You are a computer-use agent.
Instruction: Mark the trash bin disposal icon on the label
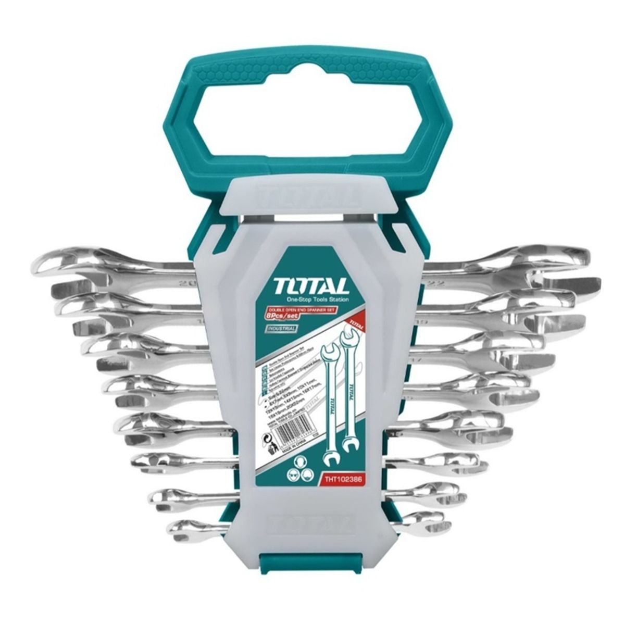[x=268, y=458]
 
